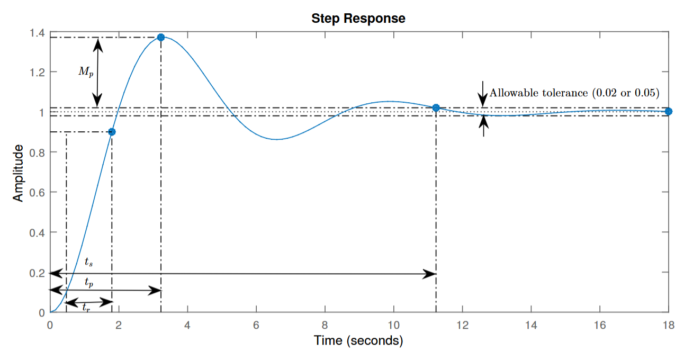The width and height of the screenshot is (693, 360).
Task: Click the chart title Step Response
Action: point(358,18)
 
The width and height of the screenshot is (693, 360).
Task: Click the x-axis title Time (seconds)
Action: point(358,340)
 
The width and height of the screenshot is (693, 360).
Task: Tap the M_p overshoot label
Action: point(86,72)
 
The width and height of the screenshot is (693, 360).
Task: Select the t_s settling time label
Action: point(88,262)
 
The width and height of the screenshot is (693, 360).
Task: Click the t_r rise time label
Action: point(85,307)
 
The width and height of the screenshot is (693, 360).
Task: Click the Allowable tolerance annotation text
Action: point(574,93)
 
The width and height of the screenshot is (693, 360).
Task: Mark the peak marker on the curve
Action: point(161,37)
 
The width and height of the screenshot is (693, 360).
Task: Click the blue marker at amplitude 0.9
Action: point(112,132)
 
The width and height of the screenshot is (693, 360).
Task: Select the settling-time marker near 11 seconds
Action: point(436,108)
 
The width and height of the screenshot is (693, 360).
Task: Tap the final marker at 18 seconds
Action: point(668,111)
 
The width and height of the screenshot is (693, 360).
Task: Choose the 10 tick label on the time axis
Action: point(393,325)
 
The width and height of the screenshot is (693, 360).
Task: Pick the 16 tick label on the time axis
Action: point(599,325)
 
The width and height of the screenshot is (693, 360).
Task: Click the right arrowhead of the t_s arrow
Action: point(430,274)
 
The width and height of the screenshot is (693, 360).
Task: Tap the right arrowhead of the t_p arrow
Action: point(155,290)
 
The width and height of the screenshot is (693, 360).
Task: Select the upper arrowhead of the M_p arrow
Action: point(97,43)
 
